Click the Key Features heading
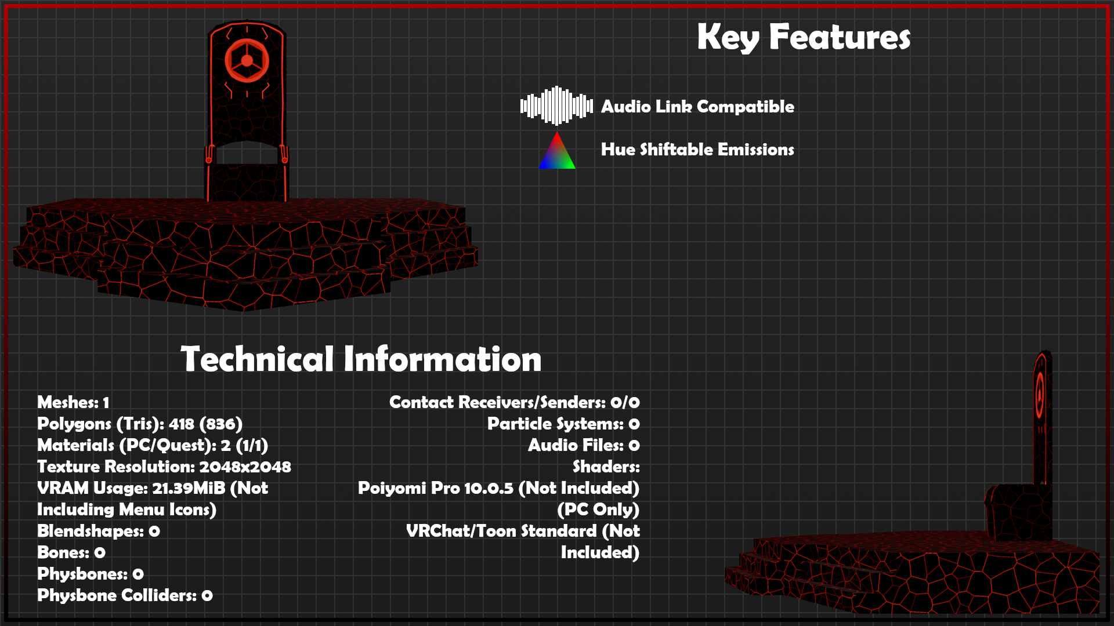(x=804, y=37)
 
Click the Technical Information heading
(x=361, y=359)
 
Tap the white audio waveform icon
(x=556, y=105)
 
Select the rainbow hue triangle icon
(x=557, y=150)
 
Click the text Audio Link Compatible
(x=697, y=107)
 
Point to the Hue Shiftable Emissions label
(x=697, y=150)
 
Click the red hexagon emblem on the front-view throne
(x=247, y=60)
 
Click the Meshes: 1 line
(x=73, y=402)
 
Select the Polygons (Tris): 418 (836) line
(x=140, y=424)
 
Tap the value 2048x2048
(x=245, y=467)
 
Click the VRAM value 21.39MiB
(x=189, y=488)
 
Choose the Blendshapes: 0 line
(x=99, y=532)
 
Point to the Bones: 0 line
(x=71, y=552)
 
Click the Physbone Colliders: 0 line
(x=125, y=596)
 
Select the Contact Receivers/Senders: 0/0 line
(x=515, y=402)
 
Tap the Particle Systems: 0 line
(x=563, y=424)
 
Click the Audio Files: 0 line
(x=584, y=445)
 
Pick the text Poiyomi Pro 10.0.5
(x=436, y=488)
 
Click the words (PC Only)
(x=598, y=509)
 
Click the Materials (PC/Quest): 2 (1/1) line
(x=153, y=446)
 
